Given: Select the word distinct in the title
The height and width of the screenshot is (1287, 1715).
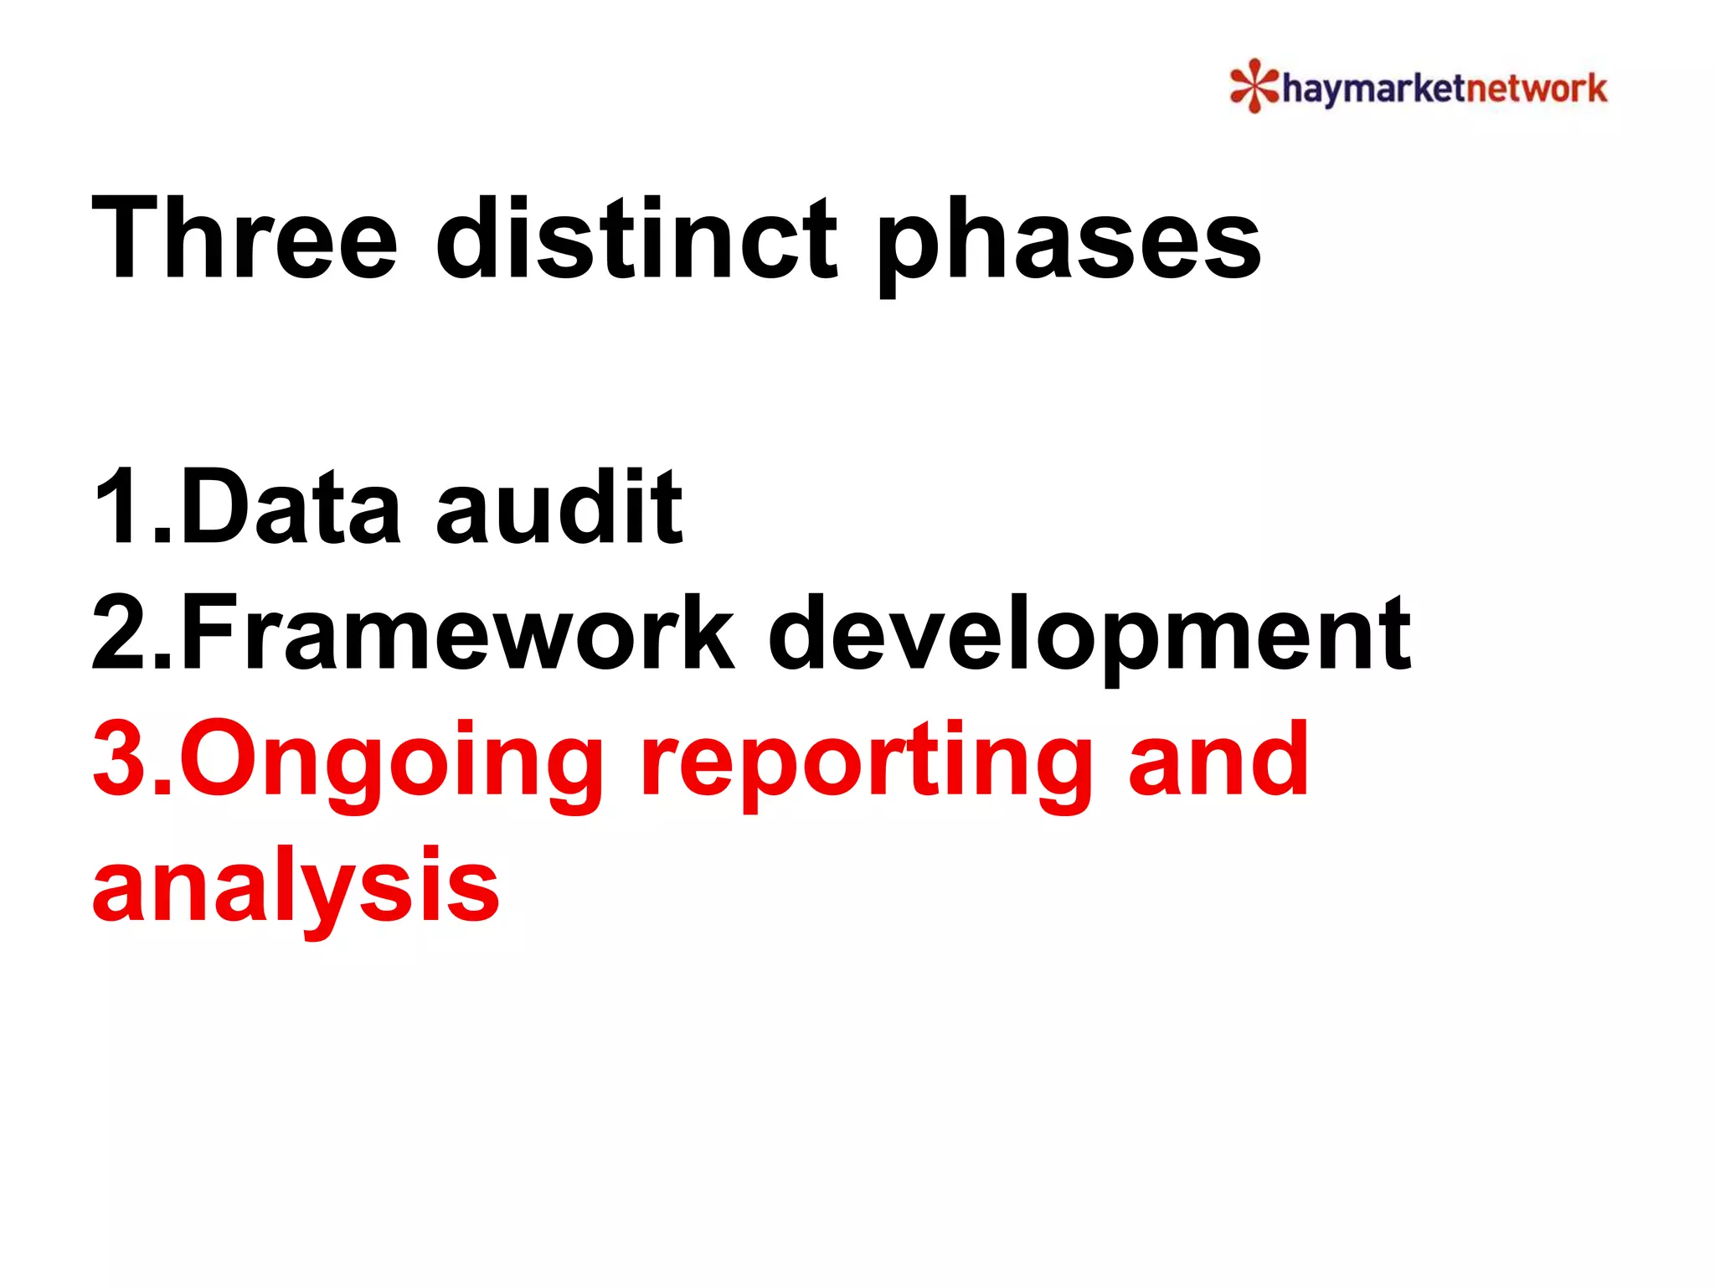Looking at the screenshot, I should tap(636, 238).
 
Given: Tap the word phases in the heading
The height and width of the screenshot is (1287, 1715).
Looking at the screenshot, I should tap(1069, 243).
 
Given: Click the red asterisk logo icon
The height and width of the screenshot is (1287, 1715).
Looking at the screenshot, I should tap(1254, 85).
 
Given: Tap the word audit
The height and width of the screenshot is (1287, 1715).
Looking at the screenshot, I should tap(559, 507).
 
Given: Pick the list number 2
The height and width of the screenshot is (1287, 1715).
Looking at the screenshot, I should tap(121, 633).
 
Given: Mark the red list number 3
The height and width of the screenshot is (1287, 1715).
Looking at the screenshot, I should tap(121, 759).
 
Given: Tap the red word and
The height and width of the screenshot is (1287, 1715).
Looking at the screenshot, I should tap(1218, 759).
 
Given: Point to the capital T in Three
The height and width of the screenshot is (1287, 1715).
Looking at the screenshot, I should tap(126, 238).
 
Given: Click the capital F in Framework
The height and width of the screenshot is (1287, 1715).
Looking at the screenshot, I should tap(205, 633).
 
